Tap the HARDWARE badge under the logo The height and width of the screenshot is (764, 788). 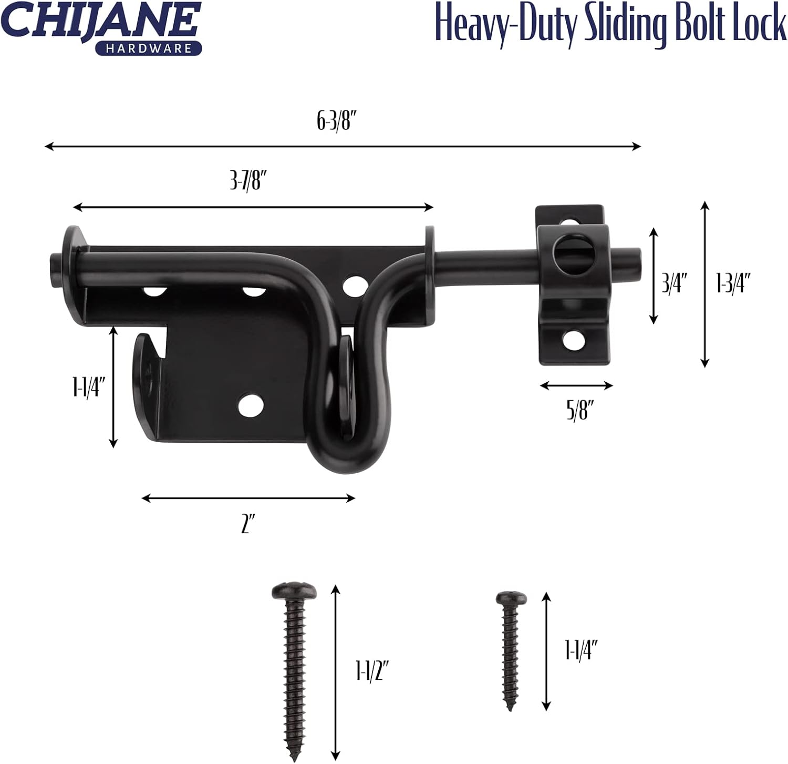pos(149,48)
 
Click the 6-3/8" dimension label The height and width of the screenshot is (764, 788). pos(337,121)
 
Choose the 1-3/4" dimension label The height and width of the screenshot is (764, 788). pos(733,283)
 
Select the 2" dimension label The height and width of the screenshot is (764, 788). pos(248,524)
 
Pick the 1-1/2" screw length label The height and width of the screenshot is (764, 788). pos(372,671)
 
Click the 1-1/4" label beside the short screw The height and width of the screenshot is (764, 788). pos(582,650)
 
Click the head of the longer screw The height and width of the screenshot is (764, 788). pos(295,592)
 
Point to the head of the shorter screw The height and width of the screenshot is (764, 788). pos(511,598)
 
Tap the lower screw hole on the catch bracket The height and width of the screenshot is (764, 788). pos(574,341)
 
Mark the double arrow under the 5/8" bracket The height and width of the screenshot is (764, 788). pos(576,386)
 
